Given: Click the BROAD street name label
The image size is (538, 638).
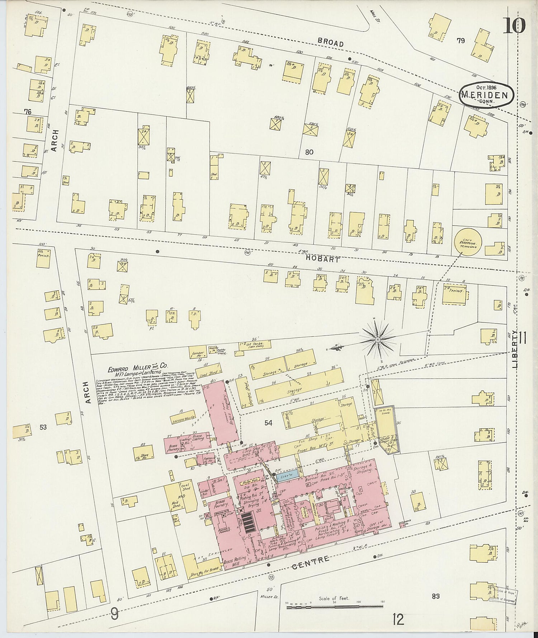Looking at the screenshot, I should pos(331,43).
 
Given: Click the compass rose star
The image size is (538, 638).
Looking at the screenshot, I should pos(378,339).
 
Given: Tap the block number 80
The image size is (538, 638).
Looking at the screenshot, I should pos(309,152).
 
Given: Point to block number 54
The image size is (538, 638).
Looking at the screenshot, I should pos(268,423).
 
